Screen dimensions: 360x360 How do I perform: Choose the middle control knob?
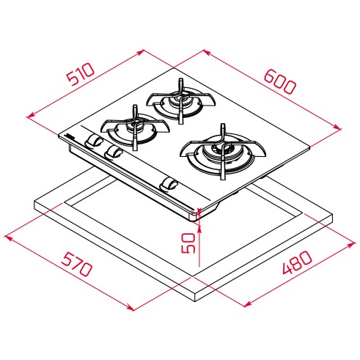114,153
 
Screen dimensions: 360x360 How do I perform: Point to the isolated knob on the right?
169,183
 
